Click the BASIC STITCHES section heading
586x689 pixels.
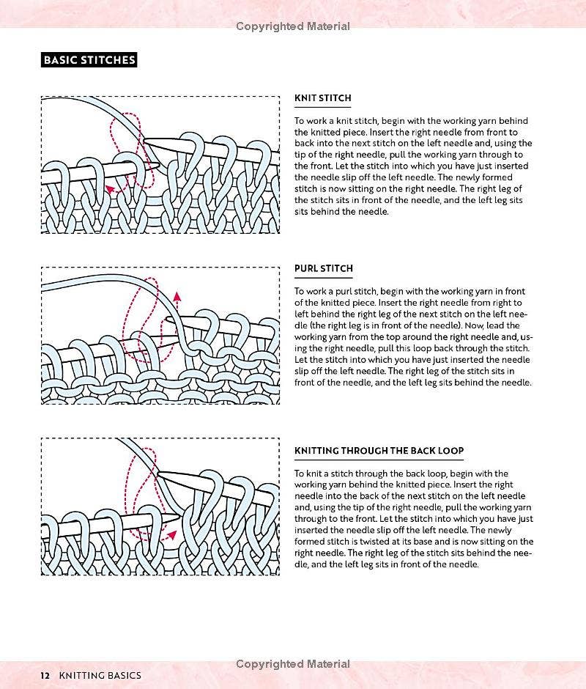click(89, 59)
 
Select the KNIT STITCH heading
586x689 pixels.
click(322, 98)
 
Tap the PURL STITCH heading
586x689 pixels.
click(323, 269)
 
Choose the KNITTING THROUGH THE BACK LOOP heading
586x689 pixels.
click(379, 451)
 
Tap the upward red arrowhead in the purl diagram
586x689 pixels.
click(177, 297)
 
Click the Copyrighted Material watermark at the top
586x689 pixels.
click(293, 26)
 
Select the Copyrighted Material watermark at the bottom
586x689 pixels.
click(293, 664)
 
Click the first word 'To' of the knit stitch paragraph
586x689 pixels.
click(300, 121)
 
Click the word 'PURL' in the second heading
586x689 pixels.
click(306, 269)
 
